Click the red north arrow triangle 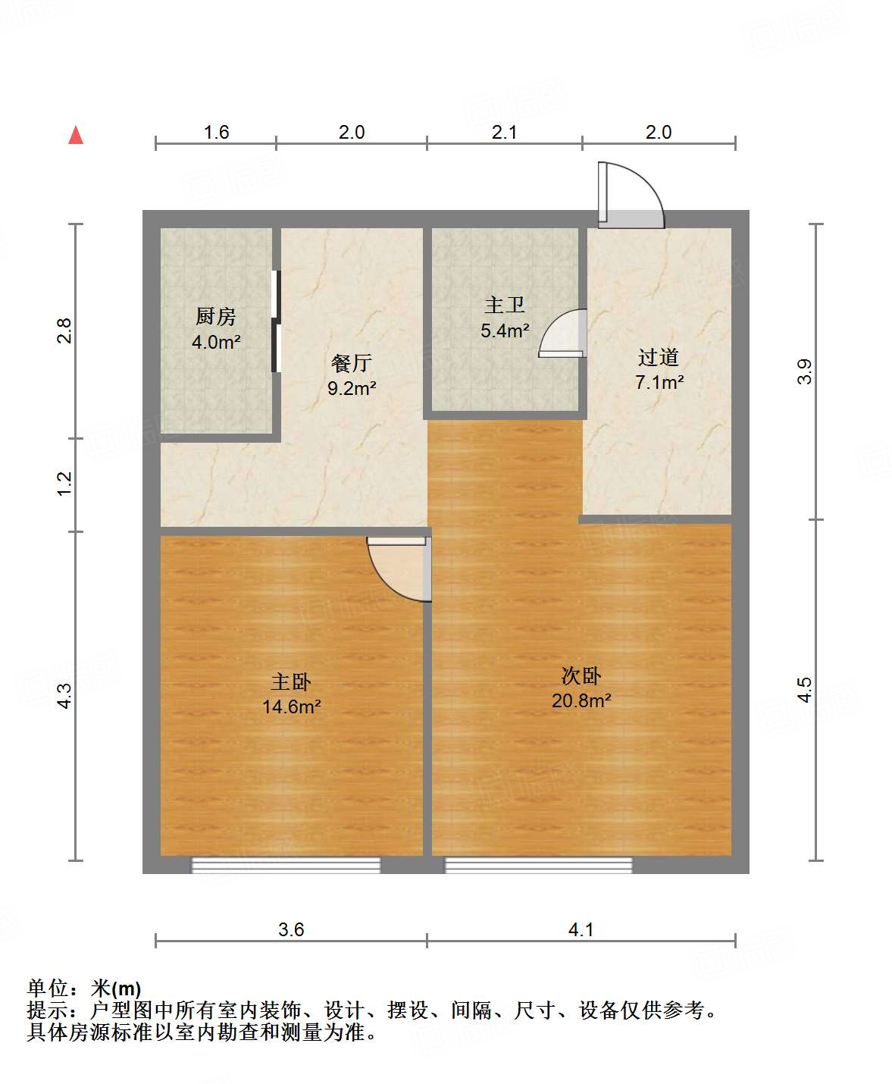click(x=76, y=135)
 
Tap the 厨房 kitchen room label click(x=216, y=316)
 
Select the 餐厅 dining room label click(x=352, y=363)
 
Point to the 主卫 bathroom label click(x=505, y=305)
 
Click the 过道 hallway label click(x=658, y=357)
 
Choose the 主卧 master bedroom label click(x=291, y=681)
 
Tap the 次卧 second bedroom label click(x=581, y=675)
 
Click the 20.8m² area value click(x=581, y=700)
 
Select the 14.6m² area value click(x=291, y=706)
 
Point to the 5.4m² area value click(x=505, y=331)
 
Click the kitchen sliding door click(x=276, y=321)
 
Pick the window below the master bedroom click(x=286, y=865)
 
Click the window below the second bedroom click(x=538, y=865)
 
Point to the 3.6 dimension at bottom click(x=291, y=929)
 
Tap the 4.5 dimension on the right click(x=804, y=690)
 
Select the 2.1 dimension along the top click(x=504, y=133)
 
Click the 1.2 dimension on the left click(x=64, y=484)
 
